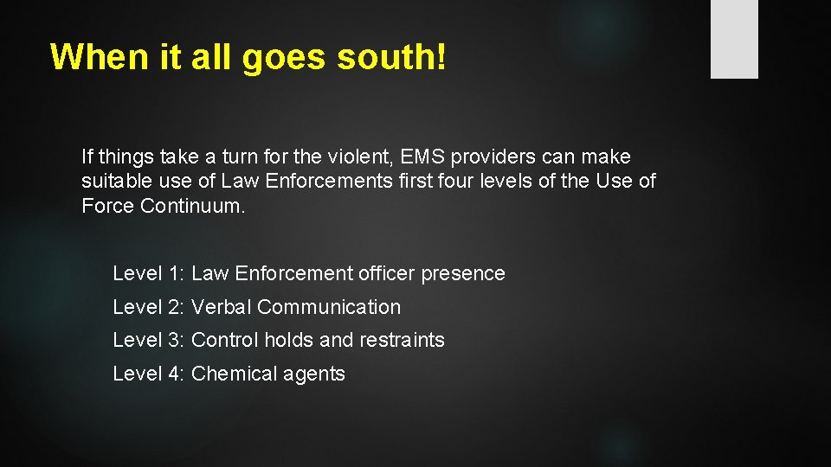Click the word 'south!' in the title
point(392,57)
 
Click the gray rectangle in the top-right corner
point(734,39)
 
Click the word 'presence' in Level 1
point(463,274)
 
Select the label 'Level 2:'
point(149,307)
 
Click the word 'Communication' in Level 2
point(329,307)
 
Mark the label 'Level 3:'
point(149,341)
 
